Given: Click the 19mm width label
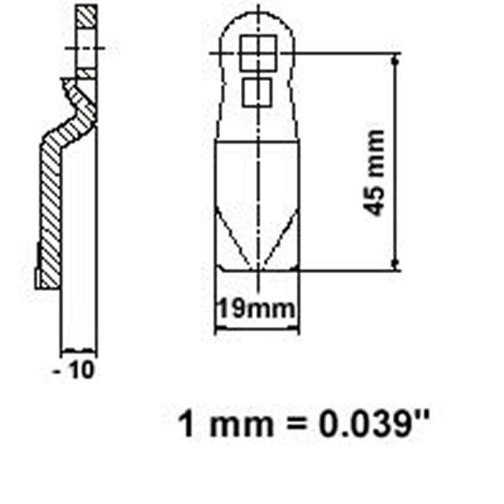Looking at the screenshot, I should click(x=256, y=308).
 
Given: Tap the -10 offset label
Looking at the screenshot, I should click(x=75, y=371).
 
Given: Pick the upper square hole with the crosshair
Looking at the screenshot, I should click(x=258, y=52).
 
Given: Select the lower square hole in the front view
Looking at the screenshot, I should click(x=258, y=92).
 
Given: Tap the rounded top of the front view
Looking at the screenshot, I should click(x=258, y=15).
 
